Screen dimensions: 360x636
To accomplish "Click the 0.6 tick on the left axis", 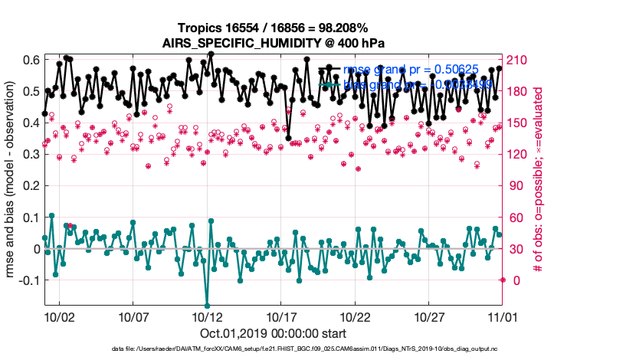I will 31,60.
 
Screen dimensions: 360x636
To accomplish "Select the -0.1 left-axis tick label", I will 29,280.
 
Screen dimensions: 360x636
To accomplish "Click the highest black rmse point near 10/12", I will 211,54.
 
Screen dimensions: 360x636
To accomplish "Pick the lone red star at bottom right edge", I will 502,280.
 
